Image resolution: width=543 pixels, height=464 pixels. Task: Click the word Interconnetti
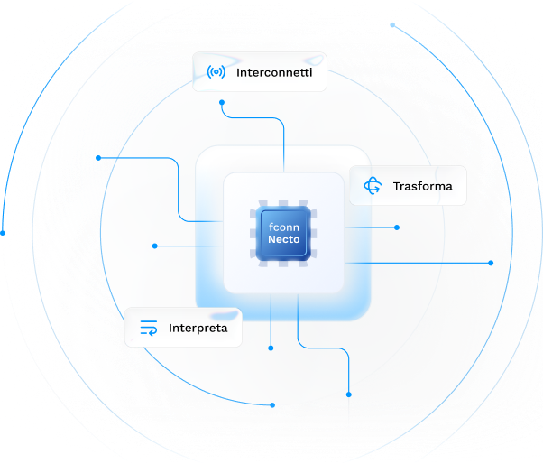click(274, 72)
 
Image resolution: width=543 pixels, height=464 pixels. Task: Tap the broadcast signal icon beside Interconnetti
click(216, 72)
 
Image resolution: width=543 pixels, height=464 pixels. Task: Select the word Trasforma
click(422, 187)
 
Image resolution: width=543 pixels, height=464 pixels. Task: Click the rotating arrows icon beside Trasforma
click(372, 186)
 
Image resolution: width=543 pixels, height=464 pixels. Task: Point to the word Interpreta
click(198, 328)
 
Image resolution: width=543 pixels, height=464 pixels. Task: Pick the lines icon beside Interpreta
click(149, 328)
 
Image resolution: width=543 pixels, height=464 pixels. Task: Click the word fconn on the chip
click(283, 228)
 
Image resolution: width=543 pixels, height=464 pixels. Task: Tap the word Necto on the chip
click(283, 241)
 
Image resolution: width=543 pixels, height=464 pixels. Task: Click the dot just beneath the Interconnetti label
click(222, 102)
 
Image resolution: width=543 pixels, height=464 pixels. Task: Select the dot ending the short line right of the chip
click(397, 227)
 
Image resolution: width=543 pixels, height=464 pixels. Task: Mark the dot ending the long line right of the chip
click(491, 263)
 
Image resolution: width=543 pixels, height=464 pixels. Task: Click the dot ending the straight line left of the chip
click(155, 246)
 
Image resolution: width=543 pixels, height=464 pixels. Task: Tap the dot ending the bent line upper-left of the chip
click(98, 158)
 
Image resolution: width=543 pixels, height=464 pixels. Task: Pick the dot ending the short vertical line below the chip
click(271, 348)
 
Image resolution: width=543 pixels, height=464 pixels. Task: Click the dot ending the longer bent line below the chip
click(349, 394)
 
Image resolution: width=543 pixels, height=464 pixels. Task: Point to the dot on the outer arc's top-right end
click(392, 24)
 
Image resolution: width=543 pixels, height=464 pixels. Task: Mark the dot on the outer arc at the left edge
click(3, 233)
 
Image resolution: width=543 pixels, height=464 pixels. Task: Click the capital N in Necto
click(271, 241)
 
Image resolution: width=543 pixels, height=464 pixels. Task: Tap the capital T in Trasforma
click(396, 187)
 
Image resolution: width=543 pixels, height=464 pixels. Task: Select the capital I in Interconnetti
click(238, 72)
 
